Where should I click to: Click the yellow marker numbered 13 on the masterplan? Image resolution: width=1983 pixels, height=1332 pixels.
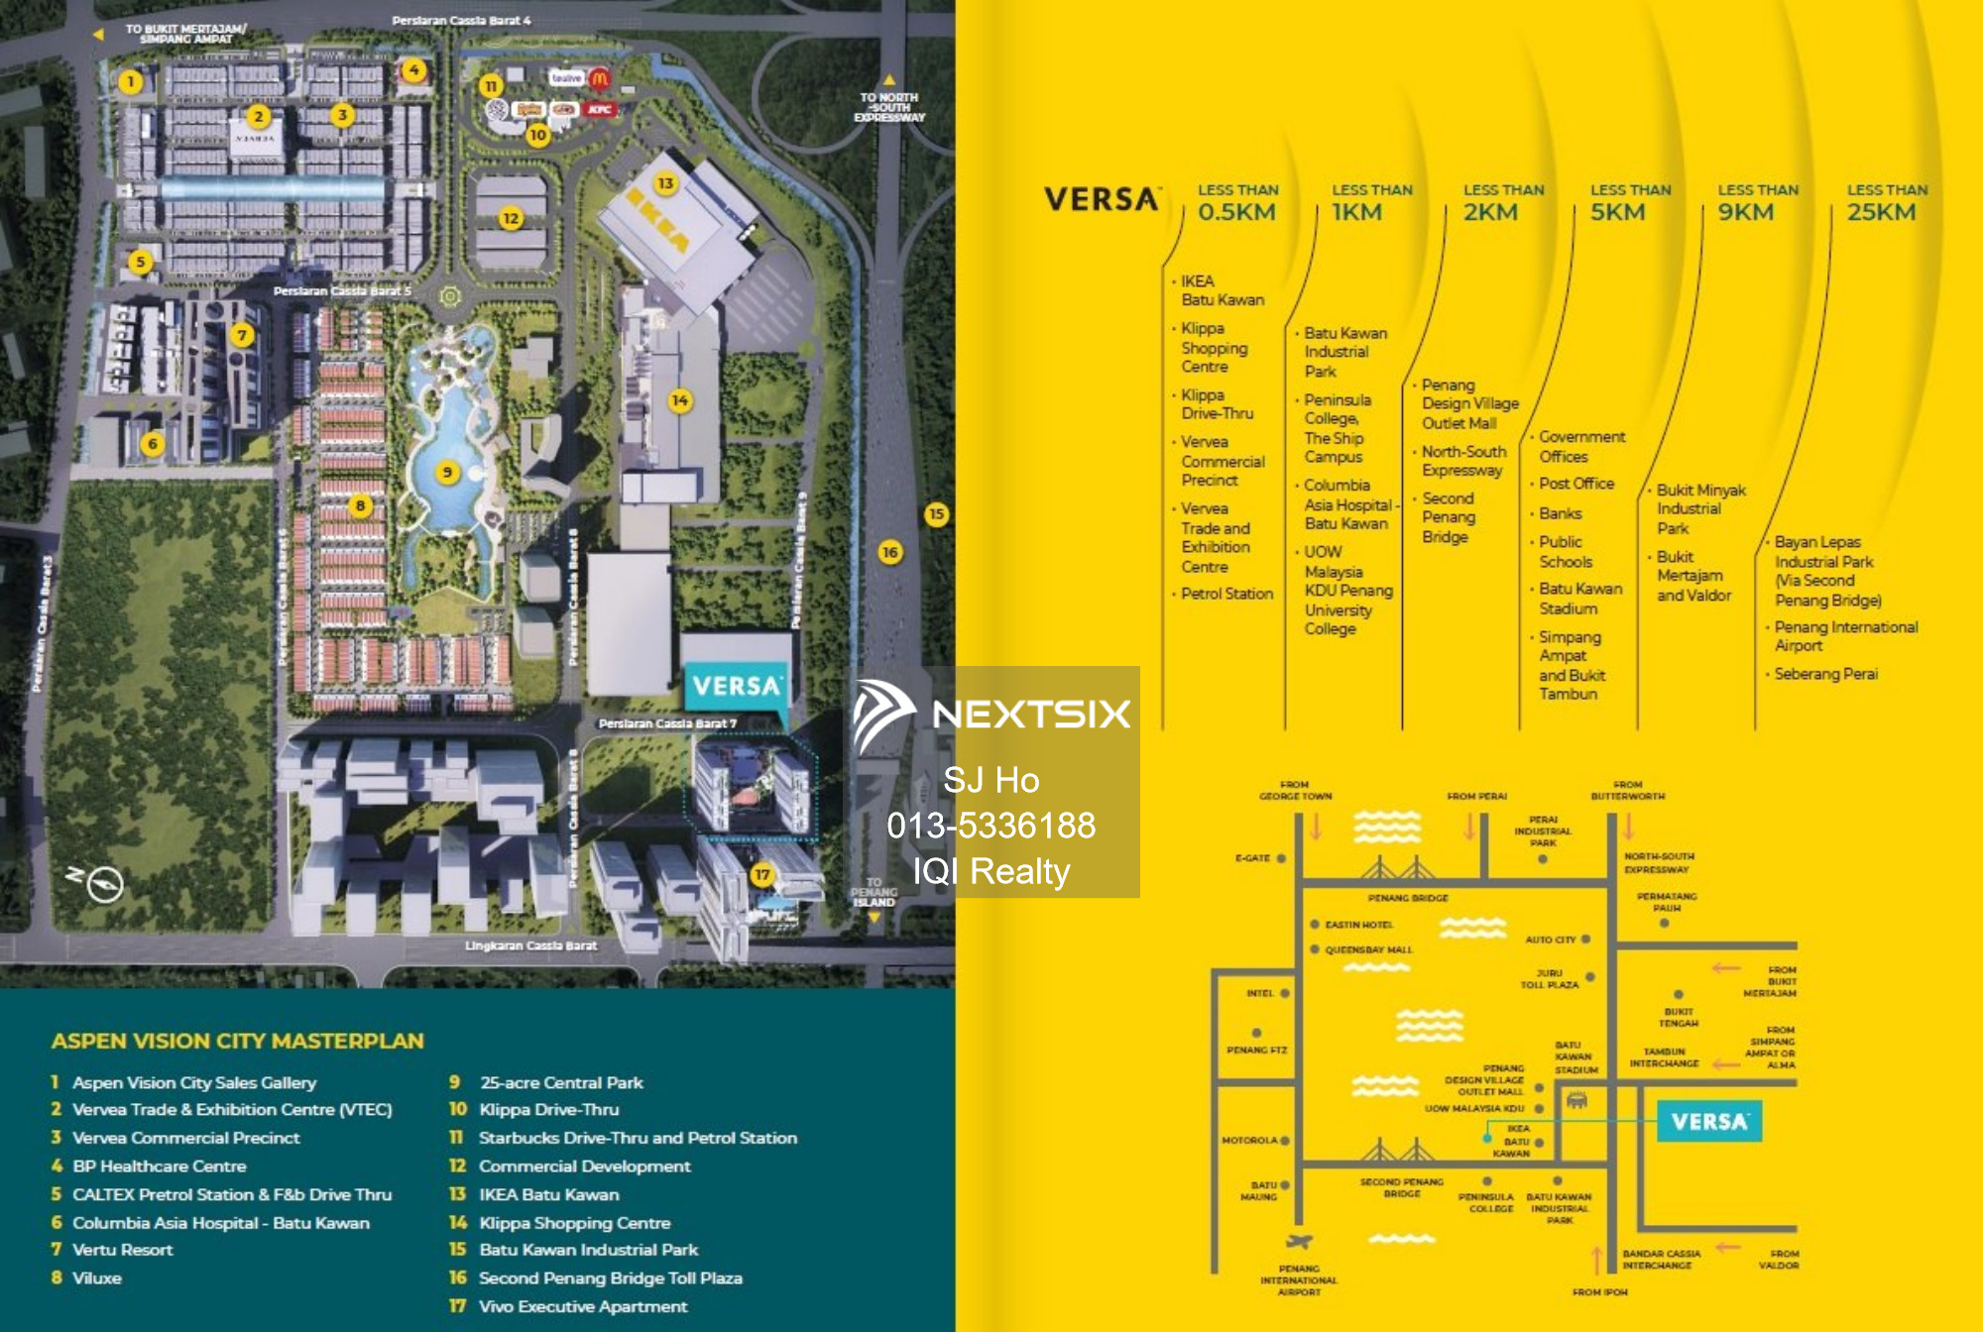pyautogui.click(x=665, y=183)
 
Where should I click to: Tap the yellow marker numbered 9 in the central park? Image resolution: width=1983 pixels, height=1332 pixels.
pyautogui.click(x=447, y=473)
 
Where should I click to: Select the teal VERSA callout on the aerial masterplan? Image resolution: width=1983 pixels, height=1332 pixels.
pyautogui.click(x=737, y=686)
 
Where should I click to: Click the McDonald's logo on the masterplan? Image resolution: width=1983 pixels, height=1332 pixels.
pyautogui.click(x=599, y=77)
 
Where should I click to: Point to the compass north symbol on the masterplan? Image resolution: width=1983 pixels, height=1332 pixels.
pyautogui.click(x=103, y=883)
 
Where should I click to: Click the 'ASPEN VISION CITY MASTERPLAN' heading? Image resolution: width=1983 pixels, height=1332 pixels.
pyautogui.click(x=237, y=1041)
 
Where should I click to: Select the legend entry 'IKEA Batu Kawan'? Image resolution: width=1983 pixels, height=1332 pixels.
pyautogui.click(x=548, y=1194)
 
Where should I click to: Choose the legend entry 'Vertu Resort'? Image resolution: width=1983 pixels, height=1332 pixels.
pyautogui.click(x=122, y=1250)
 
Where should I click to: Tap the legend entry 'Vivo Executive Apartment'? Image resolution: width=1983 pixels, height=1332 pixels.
pyautogui.click(x=582, y=1306)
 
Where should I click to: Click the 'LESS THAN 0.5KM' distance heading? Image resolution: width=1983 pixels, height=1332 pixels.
pyautogui.click(x=1236, y=203)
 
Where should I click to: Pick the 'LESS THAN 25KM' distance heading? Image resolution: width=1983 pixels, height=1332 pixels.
pyautogui.click(x=1886, y=203)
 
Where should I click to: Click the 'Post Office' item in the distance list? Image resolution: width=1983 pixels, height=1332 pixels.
pyautogui.click(x=1575, y=484)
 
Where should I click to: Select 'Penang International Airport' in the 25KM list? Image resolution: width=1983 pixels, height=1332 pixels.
pyautogui.click(x=1844, y=636)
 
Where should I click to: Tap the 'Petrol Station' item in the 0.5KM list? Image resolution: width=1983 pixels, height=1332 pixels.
pyautogui.click(x=1226, y=594)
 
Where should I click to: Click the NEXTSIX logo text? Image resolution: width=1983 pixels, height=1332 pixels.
pyautogui.click(x=1030, y=714)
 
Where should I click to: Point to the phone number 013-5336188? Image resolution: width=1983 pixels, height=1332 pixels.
pyautogui.click(x=991, y=826)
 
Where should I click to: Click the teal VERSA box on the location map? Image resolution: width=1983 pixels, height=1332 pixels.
pyautogui.click(x=1709, y=1122)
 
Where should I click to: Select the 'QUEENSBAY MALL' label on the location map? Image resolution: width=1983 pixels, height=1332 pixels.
pyautogui.click(x=1367, y=949)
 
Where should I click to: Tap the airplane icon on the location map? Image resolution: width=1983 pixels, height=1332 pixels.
pyautogui.click(x=1298, y=1242)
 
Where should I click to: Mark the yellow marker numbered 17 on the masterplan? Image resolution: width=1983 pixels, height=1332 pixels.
pyautogui.click(x=761, y=874)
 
